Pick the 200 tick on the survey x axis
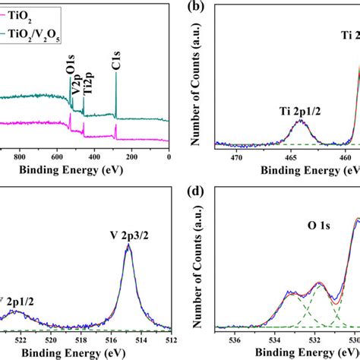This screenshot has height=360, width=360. pos(132,158)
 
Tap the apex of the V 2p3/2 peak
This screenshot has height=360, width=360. pos(128,245)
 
